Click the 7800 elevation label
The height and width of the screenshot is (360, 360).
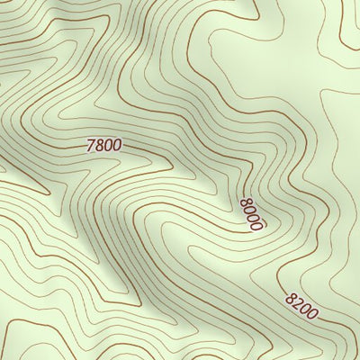[104, 144]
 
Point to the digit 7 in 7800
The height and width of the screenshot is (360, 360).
[92, 144]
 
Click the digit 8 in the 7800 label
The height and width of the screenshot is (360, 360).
[100, 144]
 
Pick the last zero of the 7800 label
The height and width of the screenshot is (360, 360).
[117, 145]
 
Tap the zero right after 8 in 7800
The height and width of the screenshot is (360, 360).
[109, 144]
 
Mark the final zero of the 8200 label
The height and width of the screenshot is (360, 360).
[312, 315]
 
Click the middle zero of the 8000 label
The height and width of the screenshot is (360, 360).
[252, 218]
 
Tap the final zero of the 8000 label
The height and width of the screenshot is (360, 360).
[255, 226]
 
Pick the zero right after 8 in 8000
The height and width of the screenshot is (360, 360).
[248, 211]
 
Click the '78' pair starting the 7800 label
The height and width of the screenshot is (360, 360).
[95, 144]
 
